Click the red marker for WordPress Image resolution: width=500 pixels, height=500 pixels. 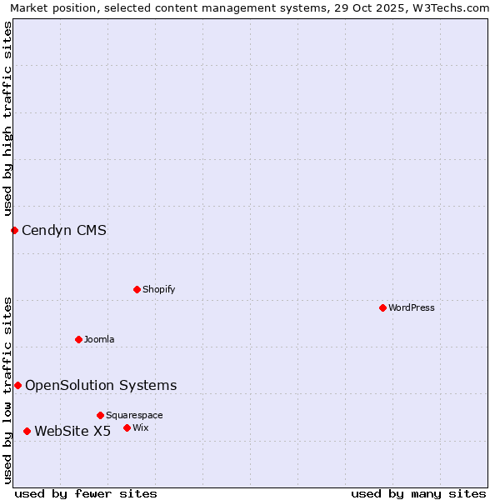click(382, 307)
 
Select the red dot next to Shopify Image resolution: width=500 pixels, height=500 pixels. click(137, 289)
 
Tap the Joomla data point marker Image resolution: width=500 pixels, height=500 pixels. click(78, 339)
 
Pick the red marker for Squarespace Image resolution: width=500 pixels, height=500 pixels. click(100, 415)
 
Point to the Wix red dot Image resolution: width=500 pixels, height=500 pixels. click(127, 427)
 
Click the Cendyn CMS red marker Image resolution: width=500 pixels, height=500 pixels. click(14, 230)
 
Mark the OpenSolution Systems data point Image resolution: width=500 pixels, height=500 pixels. click(17, 385)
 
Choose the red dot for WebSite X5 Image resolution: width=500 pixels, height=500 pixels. click(27, 431)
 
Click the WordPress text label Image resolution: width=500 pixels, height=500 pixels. click(412, 307)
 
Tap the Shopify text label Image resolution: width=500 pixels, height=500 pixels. click(159, 289)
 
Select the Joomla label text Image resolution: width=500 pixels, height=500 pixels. click(99, 339)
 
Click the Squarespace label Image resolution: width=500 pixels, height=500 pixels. click(134, 415)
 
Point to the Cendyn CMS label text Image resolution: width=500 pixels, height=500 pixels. click(64, 230)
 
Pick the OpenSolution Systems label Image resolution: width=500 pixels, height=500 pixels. click(101, 385)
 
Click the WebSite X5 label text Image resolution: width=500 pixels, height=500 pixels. click(72, 431)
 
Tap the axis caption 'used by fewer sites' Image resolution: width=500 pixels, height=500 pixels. click(86, 493)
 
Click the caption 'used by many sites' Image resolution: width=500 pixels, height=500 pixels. click(418, 493)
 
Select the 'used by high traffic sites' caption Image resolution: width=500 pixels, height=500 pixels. click(7, 118)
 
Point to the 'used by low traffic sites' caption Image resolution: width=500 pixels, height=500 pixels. click(7, 390)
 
